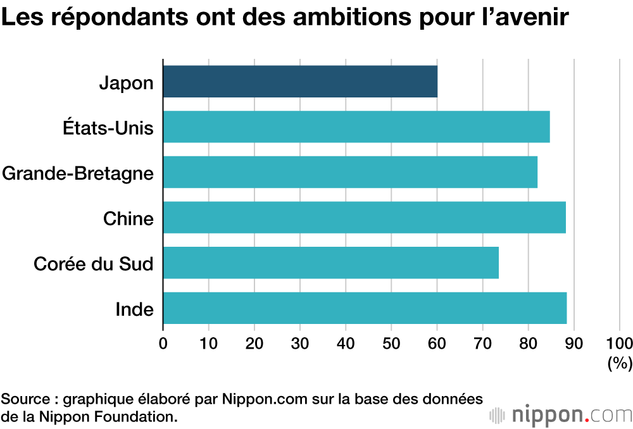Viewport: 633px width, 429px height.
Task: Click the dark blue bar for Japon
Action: [300, 82]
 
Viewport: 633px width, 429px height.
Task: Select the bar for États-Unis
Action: [356, 127]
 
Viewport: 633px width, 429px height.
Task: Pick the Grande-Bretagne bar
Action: [350, 172]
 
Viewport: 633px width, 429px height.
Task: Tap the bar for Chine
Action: [364, 218]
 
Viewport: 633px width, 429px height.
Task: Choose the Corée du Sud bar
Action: [331, 263]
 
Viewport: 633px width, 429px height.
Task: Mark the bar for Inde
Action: [365, 309]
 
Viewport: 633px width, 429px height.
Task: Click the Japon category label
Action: [127, 83]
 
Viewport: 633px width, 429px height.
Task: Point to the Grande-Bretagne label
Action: [78, 173]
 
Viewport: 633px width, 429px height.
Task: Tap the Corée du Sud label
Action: [94, 263]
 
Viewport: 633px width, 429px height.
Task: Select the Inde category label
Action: [135, 309]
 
